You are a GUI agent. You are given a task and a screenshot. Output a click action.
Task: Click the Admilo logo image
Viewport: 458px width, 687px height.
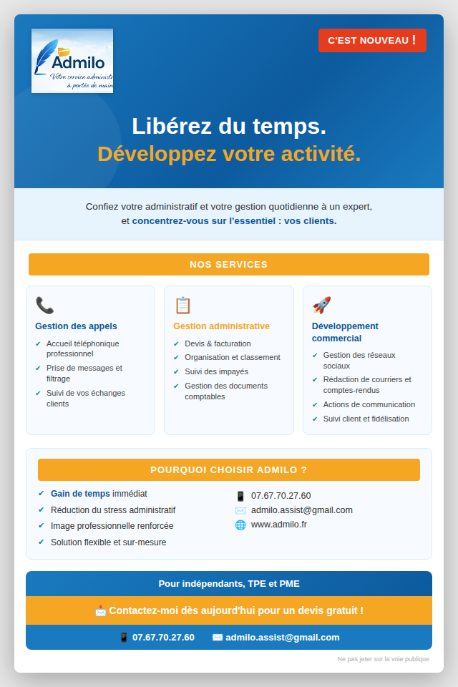[72, 61]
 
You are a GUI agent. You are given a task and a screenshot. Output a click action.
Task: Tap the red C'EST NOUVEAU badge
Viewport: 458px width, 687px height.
[372, 40]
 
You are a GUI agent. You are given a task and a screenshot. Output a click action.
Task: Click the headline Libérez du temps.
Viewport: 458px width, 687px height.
[229, 126]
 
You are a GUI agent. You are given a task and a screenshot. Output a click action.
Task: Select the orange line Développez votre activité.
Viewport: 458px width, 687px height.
[229, 154]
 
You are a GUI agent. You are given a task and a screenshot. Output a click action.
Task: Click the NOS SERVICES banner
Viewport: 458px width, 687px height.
[229, 264]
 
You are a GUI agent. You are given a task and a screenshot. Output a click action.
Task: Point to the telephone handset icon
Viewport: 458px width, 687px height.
[44, 306]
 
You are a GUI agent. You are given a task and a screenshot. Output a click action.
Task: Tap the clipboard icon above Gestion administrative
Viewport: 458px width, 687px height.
[182, 306]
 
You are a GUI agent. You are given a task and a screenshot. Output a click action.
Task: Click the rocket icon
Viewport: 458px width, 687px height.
[321, 306]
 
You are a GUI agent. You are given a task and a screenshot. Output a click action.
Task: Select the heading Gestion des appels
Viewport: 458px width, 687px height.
[76, 326]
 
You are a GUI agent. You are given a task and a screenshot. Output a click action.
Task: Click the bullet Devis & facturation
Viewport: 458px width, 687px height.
[218, 343]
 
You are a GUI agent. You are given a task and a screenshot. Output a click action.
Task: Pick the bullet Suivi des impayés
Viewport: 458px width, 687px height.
[216, 371]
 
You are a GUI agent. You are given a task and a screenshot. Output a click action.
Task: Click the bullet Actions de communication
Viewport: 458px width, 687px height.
[369, 404]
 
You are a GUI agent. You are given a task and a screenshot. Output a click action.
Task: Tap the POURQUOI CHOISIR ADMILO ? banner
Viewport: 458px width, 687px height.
[229, 469]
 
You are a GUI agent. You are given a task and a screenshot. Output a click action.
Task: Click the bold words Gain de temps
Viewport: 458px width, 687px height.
[80, 494]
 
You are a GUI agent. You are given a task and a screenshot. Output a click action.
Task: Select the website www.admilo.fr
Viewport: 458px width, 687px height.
[279, 525]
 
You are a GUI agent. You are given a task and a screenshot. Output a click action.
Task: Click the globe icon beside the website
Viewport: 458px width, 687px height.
[240, 525]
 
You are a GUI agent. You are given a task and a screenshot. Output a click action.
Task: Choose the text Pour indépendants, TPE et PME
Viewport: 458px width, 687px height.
[229, 584]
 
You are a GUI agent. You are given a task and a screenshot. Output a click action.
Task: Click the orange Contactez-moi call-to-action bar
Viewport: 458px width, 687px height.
[229, 610]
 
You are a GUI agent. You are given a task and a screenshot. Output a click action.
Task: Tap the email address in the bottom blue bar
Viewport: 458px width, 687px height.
[283, 638]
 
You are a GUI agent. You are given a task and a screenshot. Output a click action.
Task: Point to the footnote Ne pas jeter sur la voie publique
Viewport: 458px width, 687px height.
[384, 659]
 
